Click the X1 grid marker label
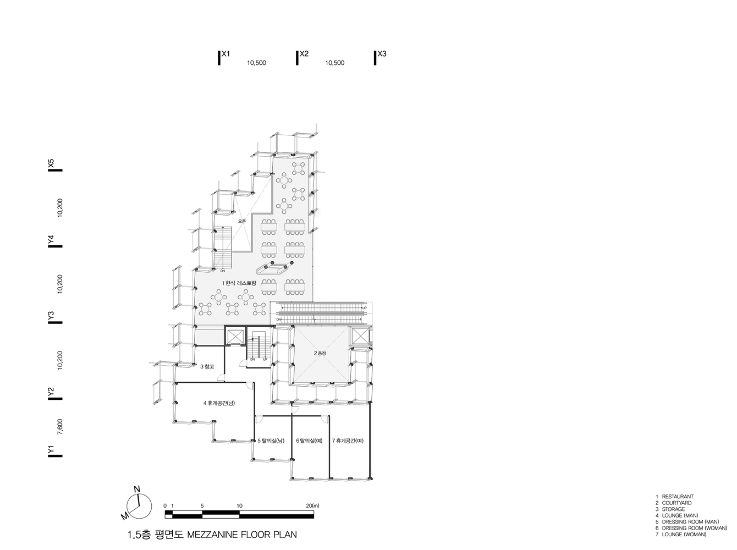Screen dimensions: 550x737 click(x=226, y=54)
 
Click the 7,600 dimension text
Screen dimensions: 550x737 click(x=60, y=427)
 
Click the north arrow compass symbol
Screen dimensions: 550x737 click(x=137, y=504)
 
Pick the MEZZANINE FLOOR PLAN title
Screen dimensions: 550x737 click(x=242, y=535)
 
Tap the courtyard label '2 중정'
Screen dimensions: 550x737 click(x=320, y=354)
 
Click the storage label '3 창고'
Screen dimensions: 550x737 click(x=207, y=366)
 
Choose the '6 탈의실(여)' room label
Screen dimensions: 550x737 click(x=309, y=441)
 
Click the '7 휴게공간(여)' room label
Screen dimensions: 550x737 click(x=348, y=441)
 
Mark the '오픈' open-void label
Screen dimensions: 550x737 click(x=242, y=221)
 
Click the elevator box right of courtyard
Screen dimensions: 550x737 click(x=361, y=336)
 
